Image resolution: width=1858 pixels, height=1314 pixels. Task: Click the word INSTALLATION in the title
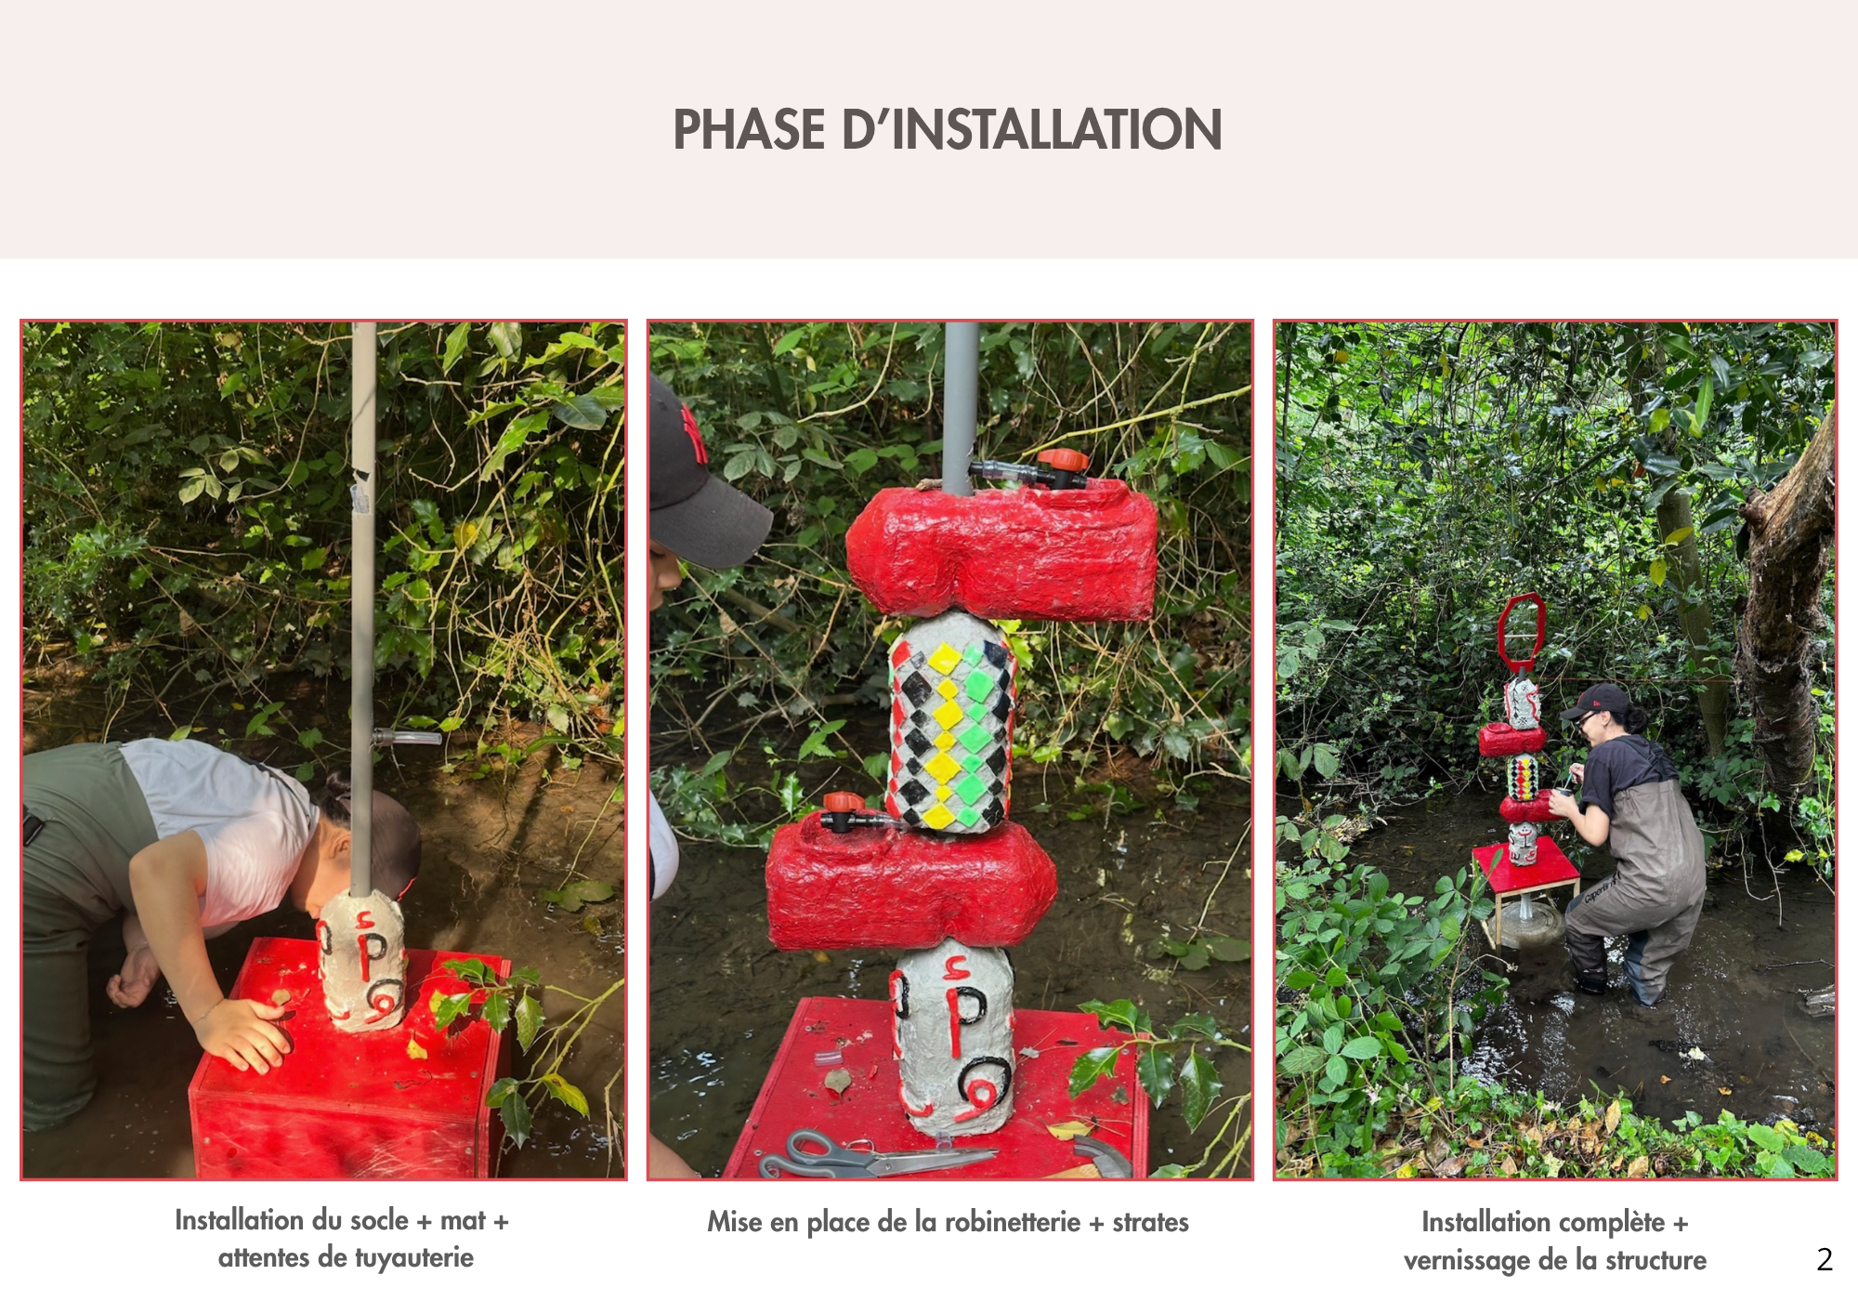point(1057,129)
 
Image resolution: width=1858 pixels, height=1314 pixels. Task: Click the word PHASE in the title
point(750,129)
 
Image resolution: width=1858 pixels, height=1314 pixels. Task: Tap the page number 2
point(1825,1259)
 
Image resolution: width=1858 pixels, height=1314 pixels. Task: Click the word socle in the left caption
point(379,1219)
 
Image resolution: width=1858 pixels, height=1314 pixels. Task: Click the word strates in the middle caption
point(1150,1221)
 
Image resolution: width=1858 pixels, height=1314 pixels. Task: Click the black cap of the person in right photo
point(1594,700)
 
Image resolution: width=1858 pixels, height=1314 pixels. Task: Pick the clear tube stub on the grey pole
point(407,739)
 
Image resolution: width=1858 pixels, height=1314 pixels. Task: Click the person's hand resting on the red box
point(243,1034)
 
